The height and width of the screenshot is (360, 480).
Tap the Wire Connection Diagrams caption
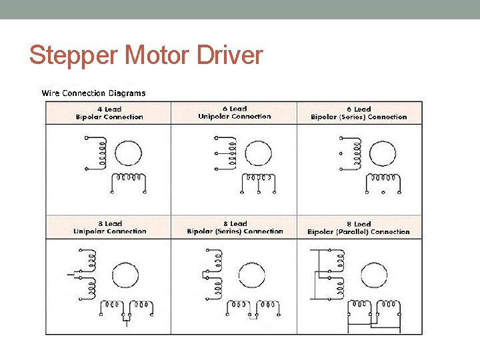(x=93, y=93)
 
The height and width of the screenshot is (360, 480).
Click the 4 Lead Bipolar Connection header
(x=109, y=113)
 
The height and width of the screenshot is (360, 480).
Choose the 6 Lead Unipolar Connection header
(x=235, y=112)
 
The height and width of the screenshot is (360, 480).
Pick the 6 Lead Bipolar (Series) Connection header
(x=359, y=113)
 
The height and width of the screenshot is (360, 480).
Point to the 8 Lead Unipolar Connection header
(x=109, y=227)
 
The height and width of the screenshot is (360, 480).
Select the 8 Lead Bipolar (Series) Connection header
(x=235, y=227)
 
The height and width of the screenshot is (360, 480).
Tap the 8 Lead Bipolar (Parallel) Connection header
(x=359, y=228)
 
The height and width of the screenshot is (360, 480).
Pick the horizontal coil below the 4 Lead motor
(x=128, y=179)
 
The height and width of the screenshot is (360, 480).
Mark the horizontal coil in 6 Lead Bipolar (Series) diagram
(x=383, y=179)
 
